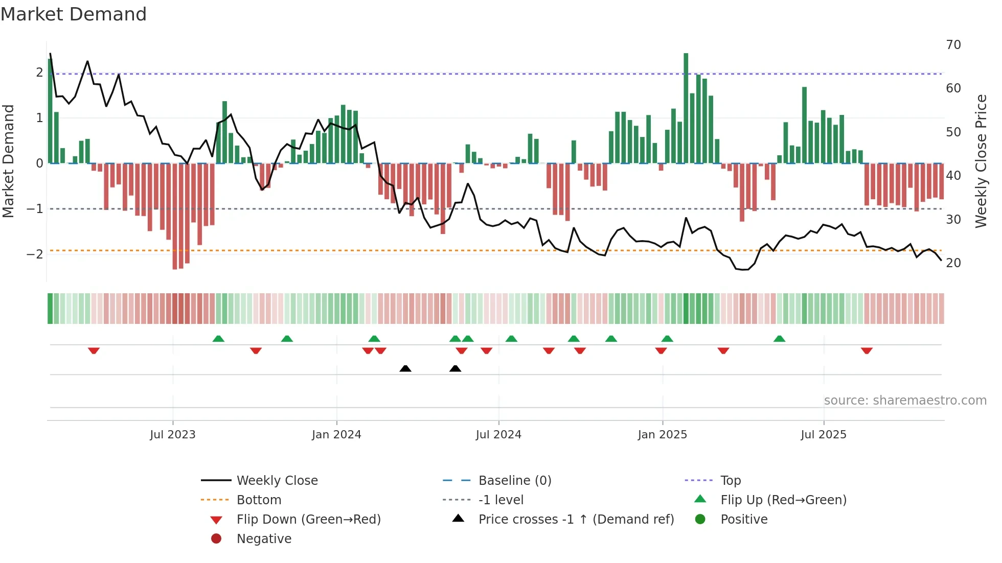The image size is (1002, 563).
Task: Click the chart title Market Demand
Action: coord(74,14)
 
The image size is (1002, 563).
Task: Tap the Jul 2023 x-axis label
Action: coord(173,435)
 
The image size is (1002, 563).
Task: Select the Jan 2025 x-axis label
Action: coord(663,435)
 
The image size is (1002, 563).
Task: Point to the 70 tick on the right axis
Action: coord(953,45)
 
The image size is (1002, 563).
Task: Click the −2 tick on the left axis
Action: coord(35,254)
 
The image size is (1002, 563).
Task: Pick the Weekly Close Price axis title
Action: coord(981,161)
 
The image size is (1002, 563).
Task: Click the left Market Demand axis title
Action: coord(9,161)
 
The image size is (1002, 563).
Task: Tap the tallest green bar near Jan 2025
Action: coord(686,107)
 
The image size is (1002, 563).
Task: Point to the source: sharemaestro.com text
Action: coord(905,401)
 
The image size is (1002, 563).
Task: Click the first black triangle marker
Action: coord(405,368)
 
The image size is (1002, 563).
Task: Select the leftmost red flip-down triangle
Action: coord(94,350)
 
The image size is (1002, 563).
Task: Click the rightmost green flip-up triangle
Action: coord(779,339)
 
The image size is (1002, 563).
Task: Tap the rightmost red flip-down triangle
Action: coord(867,350)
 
